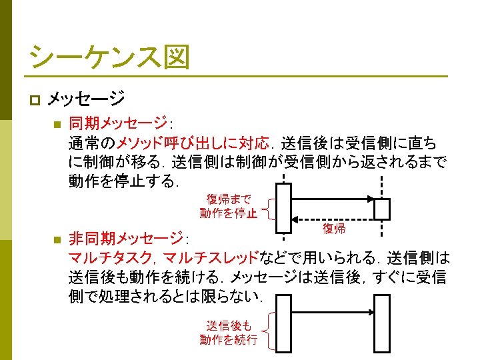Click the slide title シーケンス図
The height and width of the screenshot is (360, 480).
[109, 57]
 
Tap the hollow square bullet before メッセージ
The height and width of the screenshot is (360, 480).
[35, 100]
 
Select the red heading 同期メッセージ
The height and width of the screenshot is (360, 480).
[118, 123]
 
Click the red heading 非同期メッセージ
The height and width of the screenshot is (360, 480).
[126, 238]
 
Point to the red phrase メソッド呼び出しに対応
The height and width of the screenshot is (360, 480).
[193, 143]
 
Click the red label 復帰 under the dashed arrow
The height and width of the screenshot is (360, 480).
[334, 229]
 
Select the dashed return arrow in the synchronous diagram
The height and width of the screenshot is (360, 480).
[333, 219]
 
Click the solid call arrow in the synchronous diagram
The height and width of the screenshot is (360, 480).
[333, 199]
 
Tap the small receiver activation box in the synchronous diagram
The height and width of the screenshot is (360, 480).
[382, 209]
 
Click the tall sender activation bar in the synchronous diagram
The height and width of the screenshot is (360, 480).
[283, 208]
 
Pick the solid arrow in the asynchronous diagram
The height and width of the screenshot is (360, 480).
[333, 312]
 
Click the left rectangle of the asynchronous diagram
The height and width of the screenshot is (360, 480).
[283, 323]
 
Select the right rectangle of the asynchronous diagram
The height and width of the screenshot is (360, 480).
[382, 323]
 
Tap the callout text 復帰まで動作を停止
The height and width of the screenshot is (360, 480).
[229, 206]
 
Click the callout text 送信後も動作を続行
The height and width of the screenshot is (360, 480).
[229, 333]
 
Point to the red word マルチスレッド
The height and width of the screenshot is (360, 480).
[211, 257]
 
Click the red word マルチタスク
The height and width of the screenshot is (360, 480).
[110, 257]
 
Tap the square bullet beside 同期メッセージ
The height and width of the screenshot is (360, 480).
[57, 124]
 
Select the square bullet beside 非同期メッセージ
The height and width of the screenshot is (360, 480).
[57, 239]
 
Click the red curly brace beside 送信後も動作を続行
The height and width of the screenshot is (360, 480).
[268, 331]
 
